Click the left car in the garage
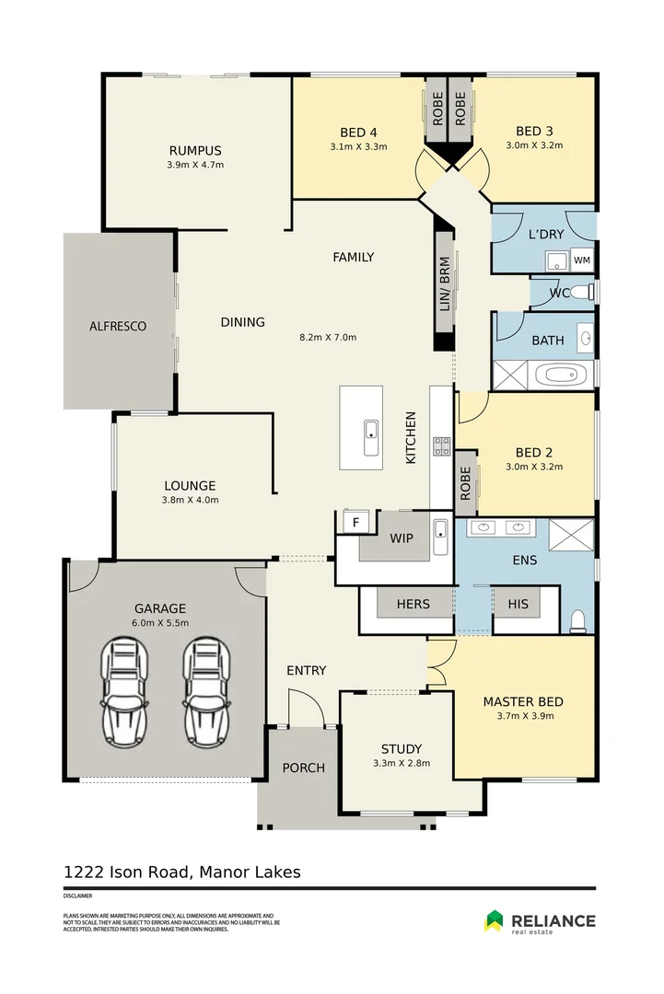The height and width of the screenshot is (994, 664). pos(123,693)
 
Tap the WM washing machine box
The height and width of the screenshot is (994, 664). pos(582,260)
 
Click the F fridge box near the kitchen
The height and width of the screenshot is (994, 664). pos(355,523)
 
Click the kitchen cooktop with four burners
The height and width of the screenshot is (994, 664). pos(442,446)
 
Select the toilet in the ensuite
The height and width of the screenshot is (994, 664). pos(578,621)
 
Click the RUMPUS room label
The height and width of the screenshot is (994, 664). pos(194,151)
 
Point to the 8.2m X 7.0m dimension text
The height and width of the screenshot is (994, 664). pos(328,337)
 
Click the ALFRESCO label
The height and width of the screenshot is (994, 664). pos(118,326)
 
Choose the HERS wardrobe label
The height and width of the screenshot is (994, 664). pos(414,604)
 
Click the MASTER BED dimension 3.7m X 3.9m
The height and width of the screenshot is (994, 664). pos(523,717)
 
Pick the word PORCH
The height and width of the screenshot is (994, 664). pos(303,768)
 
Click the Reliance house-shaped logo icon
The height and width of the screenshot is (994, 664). pos(495,920)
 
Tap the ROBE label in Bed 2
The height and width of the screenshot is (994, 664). pos(466,482)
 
